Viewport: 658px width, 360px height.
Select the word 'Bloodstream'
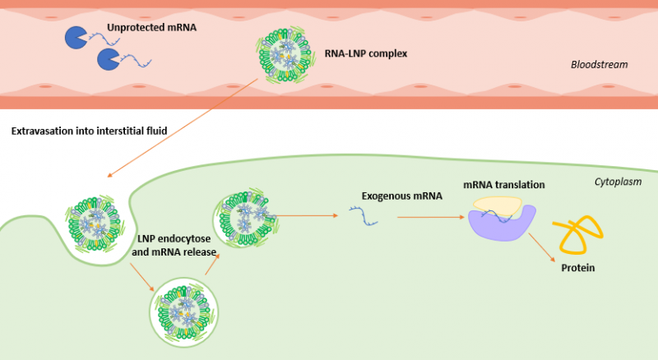pyautogui.click(x=599, y=64)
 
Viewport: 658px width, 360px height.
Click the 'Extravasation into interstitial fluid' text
pyautogui.click(x=90, y=131)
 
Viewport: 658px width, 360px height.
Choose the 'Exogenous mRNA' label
pyautogui.click(x=401, y=196)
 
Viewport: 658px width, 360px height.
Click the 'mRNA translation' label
pyautogui.click(x=503, y=185)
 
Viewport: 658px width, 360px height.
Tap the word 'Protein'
pyautogui.click(x=578, y=268)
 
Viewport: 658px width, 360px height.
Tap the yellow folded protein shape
pyautogui.click(x=579, y=234)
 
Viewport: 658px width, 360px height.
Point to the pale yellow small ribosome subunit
pyautogui.click(x=497, y=206)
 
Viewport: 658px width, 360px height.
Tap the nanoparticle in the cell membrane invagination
pyautogui.click(x=96, y=223)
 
